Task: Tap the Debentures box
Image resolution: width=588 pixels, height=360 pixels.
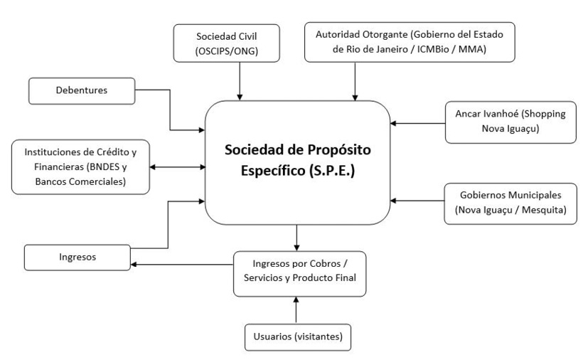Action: click(81, 90)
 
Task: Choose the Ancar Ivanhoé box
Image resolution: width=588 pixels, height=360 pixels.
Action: click(511, 122)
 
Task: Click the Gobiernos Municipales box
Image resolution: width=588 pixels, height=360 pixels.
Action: click(511, 203)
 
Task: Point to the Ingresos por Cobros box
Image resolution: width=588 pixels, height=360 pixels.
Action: click(299, 273)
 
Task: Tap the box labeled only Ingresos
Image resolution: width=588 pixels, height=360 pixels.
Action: click(77, 257)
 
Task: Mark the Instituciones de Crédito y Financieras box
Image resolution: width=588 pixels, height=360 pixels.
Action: click(81, 166)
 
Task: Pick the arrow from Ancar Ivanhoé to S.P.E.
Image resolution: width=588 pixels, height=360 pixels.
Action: click(418, 123)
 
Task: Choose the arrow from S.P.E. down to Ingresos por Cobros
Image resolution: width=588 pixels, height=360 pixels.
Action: click(297, 237)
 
